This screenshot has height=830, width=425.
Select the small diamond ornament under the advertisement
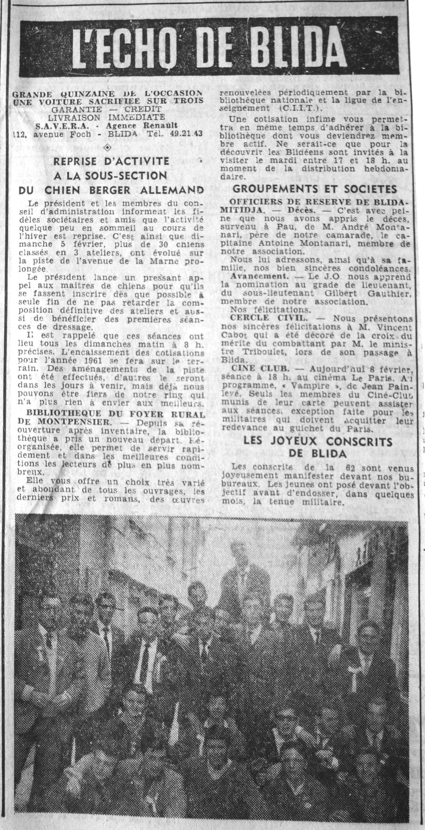(x=108, y=147)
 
